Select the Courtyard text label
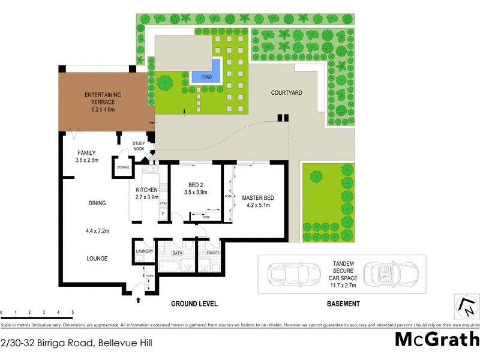[286, 93]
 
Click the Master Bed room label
[259, 197]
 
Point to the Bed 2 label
[194, 185]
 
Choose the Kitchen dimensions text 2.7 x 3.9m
[146, 197]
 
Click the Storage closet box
[123, 167]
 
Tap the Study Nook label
[143, 145]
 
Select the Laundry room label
[145, 251]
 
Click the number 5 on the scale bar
[73, 313]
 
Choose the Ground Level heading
[194, 304]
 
